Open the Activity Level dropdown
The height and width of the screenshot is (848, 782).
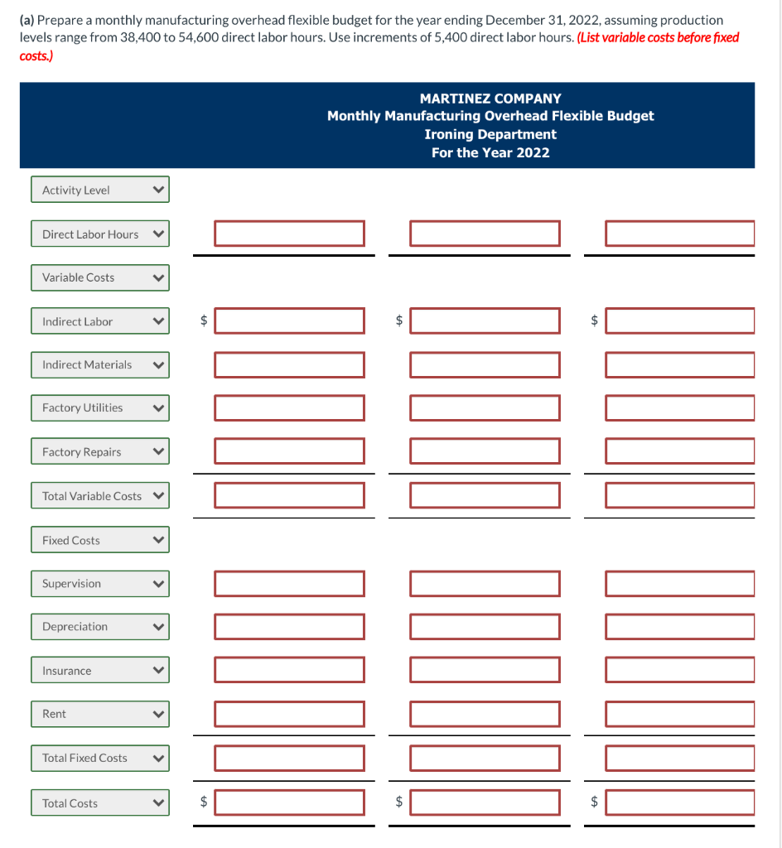click(100, 190)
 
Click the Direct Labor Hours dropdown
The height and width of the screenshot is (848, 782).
click(100, 234)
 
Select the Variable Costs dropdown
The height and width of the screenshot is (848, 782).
click(100, 277)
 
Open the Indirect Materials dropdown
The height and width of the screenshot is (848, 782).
click(100, 364)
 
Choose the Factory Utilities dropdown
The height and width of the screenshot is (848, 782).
click(100, 407)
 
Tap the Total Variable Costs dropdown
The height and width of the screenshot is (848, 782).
click(100, 495)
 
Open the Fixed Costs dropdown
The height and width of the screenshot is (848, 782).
click(100, 540)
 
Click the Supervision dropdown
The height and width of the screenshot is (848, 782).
click(100, 584)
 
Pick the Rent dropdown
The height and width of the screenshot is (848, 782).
click(100, 714)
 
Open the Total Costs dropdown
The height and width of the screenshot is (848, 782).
click(100, 802)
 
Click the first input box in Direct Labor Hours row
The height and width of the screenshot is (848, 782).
click(289, 234)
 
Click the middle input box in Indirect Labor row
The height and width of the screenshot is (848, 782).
click(485, 320)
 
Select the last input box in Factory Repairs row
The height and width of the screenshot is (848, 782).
click(680, 451)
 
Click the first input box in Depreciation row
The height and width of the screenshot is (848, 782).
click(289, 627)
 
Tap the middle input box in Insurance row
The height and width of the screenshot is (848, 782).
click(485, 670)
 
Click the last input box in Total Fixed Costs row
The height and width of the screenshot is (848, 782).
click(680, 759)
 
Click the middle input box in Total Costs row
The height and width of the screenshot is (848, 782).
click(485, 802)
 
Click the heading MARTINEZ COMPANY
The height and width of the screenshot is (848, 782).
click(490, 99)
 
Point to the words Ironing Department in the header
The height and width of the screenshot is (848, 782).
click(490, 134)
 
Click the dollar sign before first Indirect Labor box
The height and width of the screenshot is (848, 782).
click(204, 320)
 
